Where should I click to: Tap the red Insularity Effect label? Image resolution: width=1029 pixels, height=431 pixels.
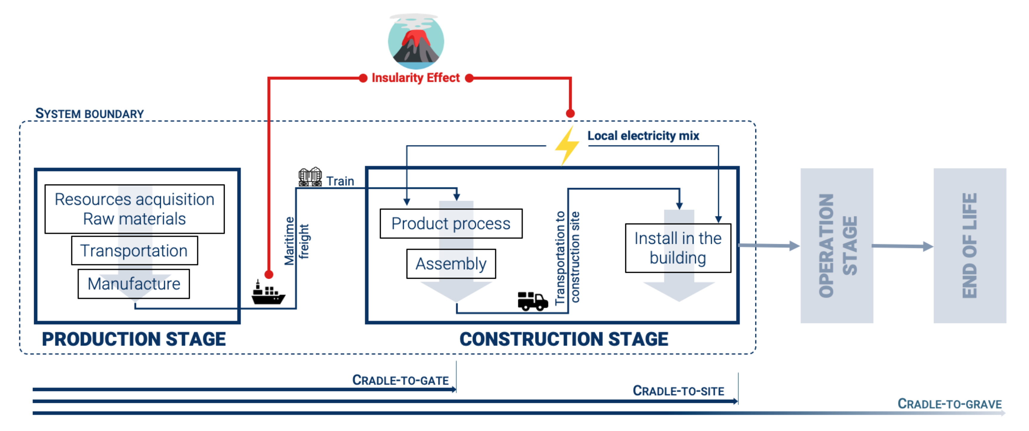tap(415, 78)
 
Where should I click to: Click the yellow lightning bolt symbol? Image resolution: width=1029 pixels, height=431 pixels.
tap(567, 146)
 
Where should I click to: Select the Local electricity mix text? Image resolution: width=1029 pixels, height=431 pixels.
tap(643, 136)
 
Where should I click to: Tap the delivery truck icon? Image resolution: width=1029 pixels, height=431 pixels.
tap(532, 301)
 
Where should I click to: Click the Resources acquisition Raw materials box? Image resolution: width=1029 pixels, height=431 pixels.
tap(135, 209)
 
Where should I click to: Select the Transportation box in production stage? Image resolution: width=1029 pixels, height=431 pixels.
tap(135, 250)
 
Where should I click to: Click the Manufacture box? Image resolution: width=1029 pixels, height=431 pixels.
tap(134, 284)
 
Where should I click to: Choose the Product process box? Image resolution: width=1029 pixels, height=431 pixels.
tap(451, 223)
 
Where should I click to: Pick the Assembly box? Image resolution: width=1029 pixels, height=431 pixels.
tap(451, 264)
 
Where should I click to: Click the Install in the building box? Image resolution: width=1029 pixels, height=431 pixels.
tap(677, 248)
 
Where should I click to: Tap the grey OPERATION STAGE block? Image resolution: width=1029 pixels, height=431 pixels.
tap(837, 245)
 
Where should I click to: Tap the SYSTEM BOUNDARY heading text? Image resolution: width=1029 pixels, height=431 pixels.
tap(90, 113)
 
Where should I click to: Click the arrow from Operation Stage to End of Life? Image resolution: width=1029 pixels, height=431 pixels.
tap(902, 246)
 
